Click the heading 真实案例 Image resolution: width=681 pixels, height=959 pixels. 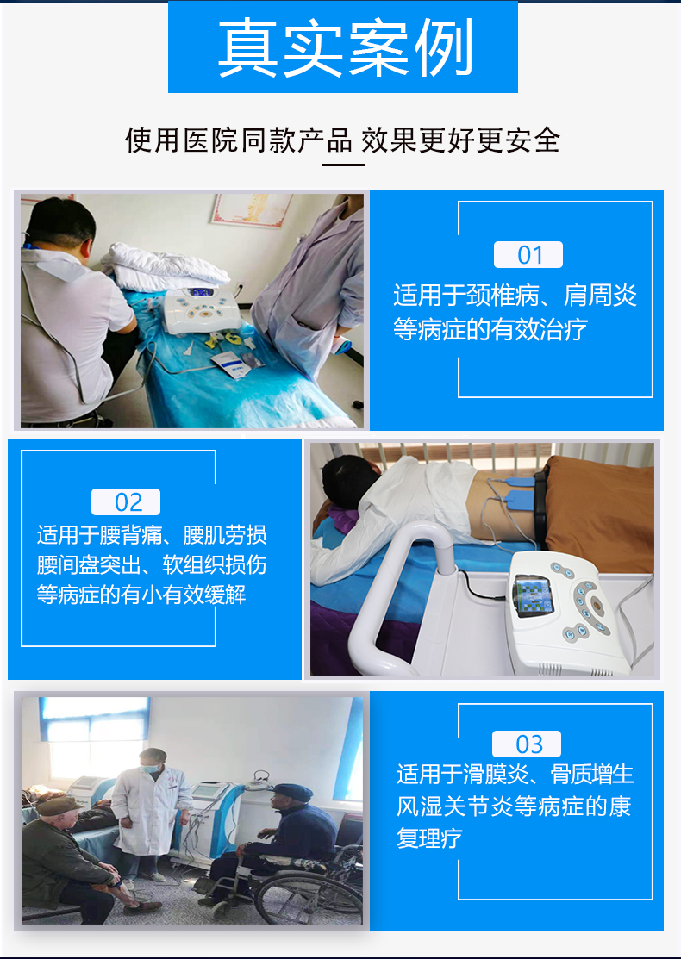click(x=343, y=48)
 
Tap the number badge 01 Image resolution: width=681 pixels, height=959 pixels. click(x=528, y=255)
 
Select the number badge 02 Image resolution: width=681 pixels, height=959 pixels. click(x=126, y=502)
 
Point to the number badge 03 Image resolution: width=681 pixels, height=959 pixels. click(x=527, y=744)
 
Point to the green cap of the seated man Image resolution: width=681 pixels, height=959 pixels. click(x=61, y=806)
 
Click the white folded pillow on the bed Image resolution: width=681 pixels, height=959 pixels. click(x=168, y=263)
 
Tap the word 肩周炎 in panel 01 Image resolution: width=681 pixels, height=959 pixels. click(x=601, y=296)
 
